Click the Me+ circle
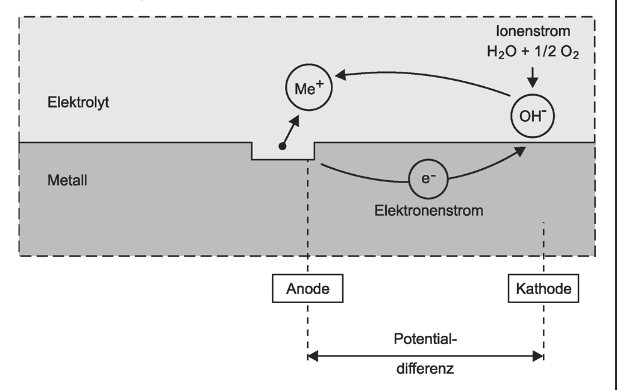(x=308, y=89)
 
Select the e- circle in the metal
(x=429, y=178)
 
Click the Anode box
(x=308, y=288)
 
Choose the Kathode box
(x=543, y=288)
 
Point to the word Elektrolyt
(x=78, y=102)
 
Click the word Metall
(x=67, y=180)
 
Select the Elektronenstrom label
(x=429, y=211)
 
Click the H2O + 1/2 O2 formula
(x=533, y=52)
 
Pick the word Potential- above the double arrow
(x=426, y=339)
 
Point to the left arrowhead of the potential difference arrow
(x=312, y=357)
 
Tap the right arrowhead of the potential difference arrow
(x=539, y=357)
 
